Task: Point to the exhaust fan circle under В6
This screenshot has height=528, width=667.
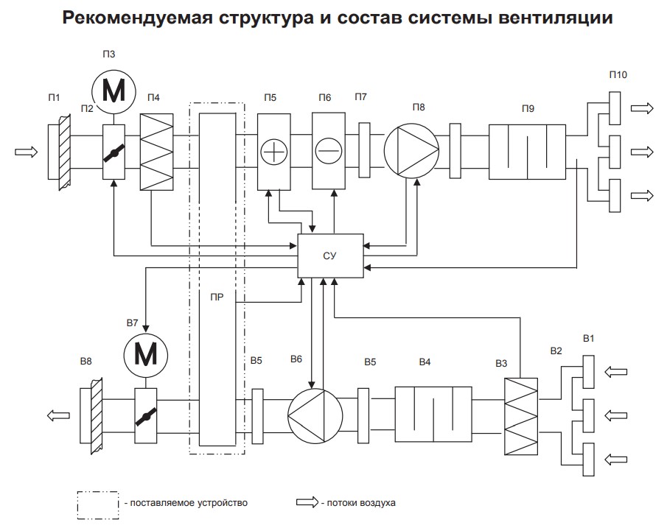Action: pos(315,415)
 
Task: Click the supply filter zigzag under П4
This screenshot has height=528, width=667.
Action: pos(156,152)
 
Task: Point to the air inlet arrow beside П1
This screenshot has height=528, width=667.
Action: pos(26,152)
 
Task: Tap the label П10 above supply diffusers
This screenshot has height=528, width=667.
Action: pos(618,75)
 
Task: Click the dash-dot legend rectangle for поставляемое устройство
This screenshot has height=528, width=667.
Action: pos(98,503)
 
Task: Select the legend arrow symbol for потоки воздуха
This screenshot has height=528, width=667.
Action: pos(306,503)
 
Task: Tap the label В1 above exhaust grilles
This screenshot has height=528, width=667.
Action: pos(589,339)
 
